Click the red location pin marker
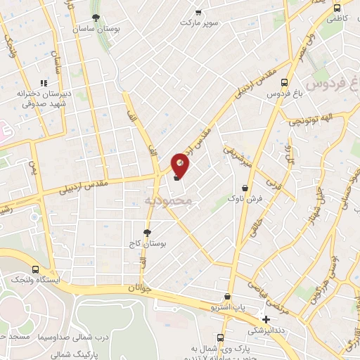pos(181,165)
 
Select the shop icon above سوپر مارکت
pos(199,11)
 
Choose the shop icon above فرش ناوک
pos(245,188)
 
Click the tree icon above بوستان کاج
pos(147,232)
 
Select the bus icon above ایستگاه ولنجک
pos(36,269)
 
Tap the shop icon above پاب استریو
pos(226,297)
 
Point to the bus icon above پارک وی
pos(221,337)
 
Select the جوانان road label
pos(140,287)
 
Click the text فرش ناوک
pos(246,199)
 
